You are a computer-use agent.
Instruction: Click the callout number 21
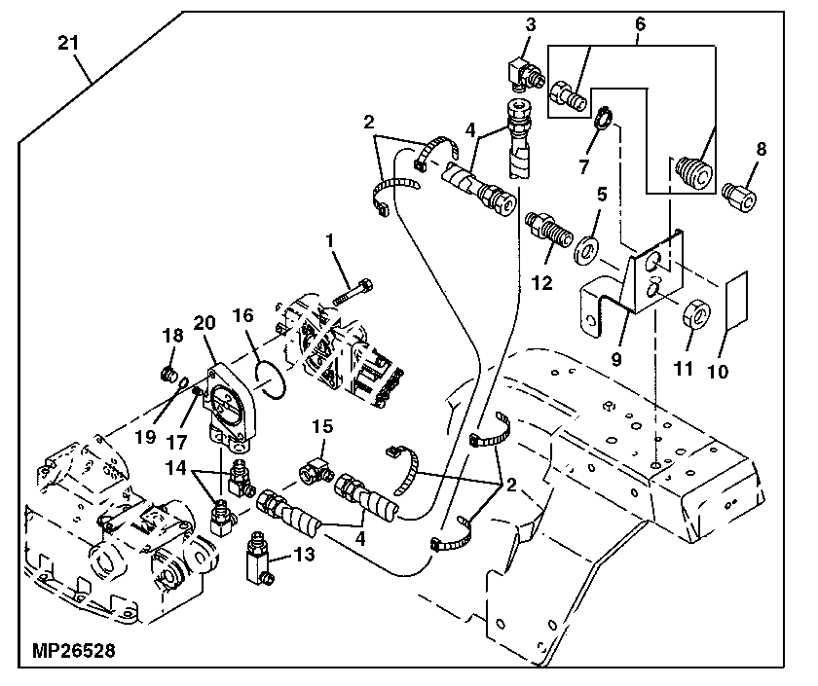pyautogui.click(x=67, y=43)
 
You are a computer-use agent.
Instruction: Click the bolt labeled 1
pyautogui.click(x=353, y=291)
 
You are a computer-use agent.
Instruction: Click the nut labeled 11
pyautogui.click(x=698, y=314)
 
